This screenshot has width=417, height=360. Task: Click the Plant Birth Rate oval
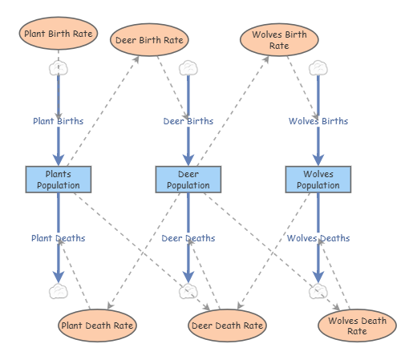point(59,34)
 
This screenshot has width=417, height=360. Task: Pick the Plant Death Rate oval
point(97,326)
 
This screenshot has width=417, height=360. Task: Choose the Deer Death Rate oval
point(227,326)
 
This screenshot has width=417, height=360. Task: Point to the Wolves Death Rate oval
point(357,326)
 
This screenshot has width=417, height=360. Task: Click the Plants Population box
point(59,180)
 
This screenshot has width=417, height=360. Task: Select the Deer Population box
point(188,180)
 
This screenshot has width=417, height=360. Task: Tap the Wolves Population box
point(318,180)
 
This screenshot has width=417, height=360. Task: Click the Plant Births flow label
point(58,121)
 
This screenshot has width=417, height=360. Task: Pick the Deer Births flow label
point(188,121)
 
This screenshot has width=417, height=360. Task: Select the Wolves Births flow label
point(318,121)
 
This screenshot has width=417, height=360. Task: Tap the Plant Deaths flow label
point(58,238)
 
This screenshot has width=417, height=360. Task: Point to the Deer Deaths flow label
point(188,238)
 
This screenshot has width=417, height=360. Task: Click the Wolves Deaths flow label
point(318,238)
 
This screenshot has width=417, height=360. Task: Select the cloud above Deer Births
point(188,67)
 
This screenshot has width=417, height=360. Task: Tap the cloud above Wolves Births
point(318,67)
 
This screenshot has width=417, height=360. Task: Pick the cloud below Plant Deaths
point(59,292)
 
